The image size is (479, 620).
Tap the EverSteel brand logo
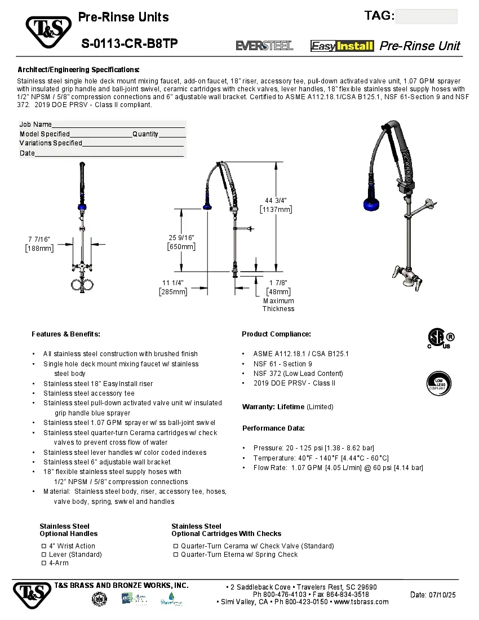[x=264, y=46]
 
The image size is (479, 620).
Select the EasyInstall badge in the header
[x=342, y=46]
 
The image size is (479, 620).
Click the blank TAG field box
[x=426, y=16]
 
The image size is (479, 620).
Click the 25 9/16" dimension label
[x=181, y=242]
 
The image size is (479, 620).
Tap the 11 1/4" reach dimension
[x=173, y=287]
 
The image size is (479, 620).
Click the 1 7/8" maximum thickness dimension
[x=278, y=287]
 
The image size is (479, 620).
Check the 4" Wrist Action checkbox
[x=44, y=546]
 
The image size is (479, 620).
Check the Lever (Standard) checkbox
[x=44, y=555]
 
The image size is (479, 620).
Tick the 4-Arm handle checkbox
[x=44, y=563]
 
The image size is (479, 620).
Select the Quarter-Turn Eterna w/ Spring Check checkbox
[x=176, y=555]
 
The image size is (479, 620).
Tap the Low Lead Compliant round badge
[x=438, y=383]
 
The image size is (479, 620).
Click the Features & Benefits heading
[x=66, y=334]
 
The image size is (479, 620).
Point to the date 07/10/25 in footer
[x=433, y=595]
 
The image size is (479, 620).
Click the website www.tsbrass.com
[x=361, y=602]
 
